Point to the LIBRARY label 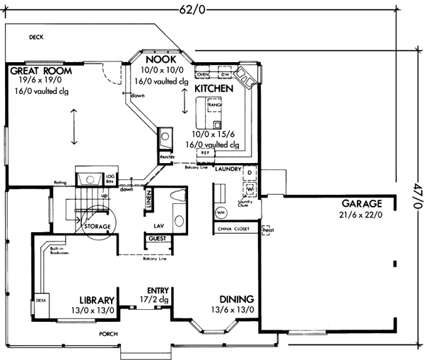(96, 299)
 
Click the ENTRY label (156, 290)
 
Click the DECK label (37, 37)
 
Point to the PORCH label (108, 333)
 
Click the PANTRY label (167, 157)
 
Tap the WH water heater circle (220, 212)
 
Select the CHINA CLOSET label (233, 229)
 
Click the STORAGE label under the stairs (97, 227)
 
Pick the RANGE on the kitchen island (214, 105)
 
